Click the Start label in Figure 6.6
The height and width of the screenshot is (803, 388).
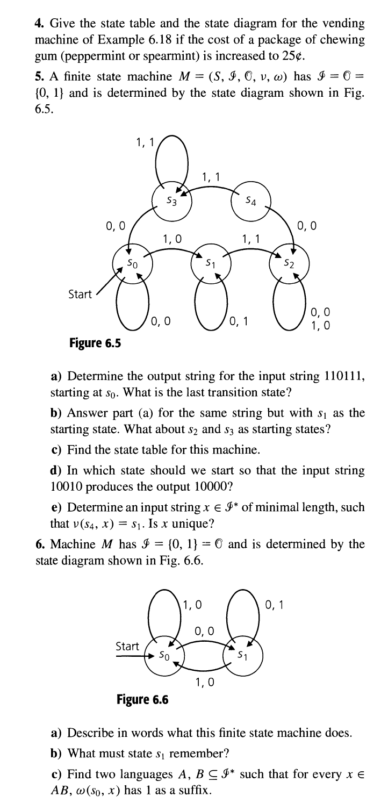click(127, 645)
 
